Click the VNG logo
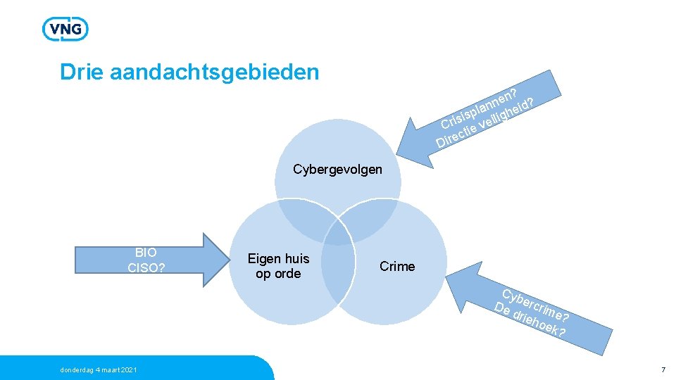coord(65,29)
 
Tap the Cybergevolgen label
coord(337,169)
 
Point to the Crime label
coord(397,266)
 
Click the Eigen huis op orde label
coord(278,266)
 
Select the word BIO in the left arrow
coord(146,252)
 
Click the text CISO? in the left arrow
coord(146,267)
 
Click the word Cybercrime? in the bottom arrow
coord(535,305)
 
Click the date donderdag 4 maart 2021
coord(98,370)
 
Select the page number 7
coord(663,370)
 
